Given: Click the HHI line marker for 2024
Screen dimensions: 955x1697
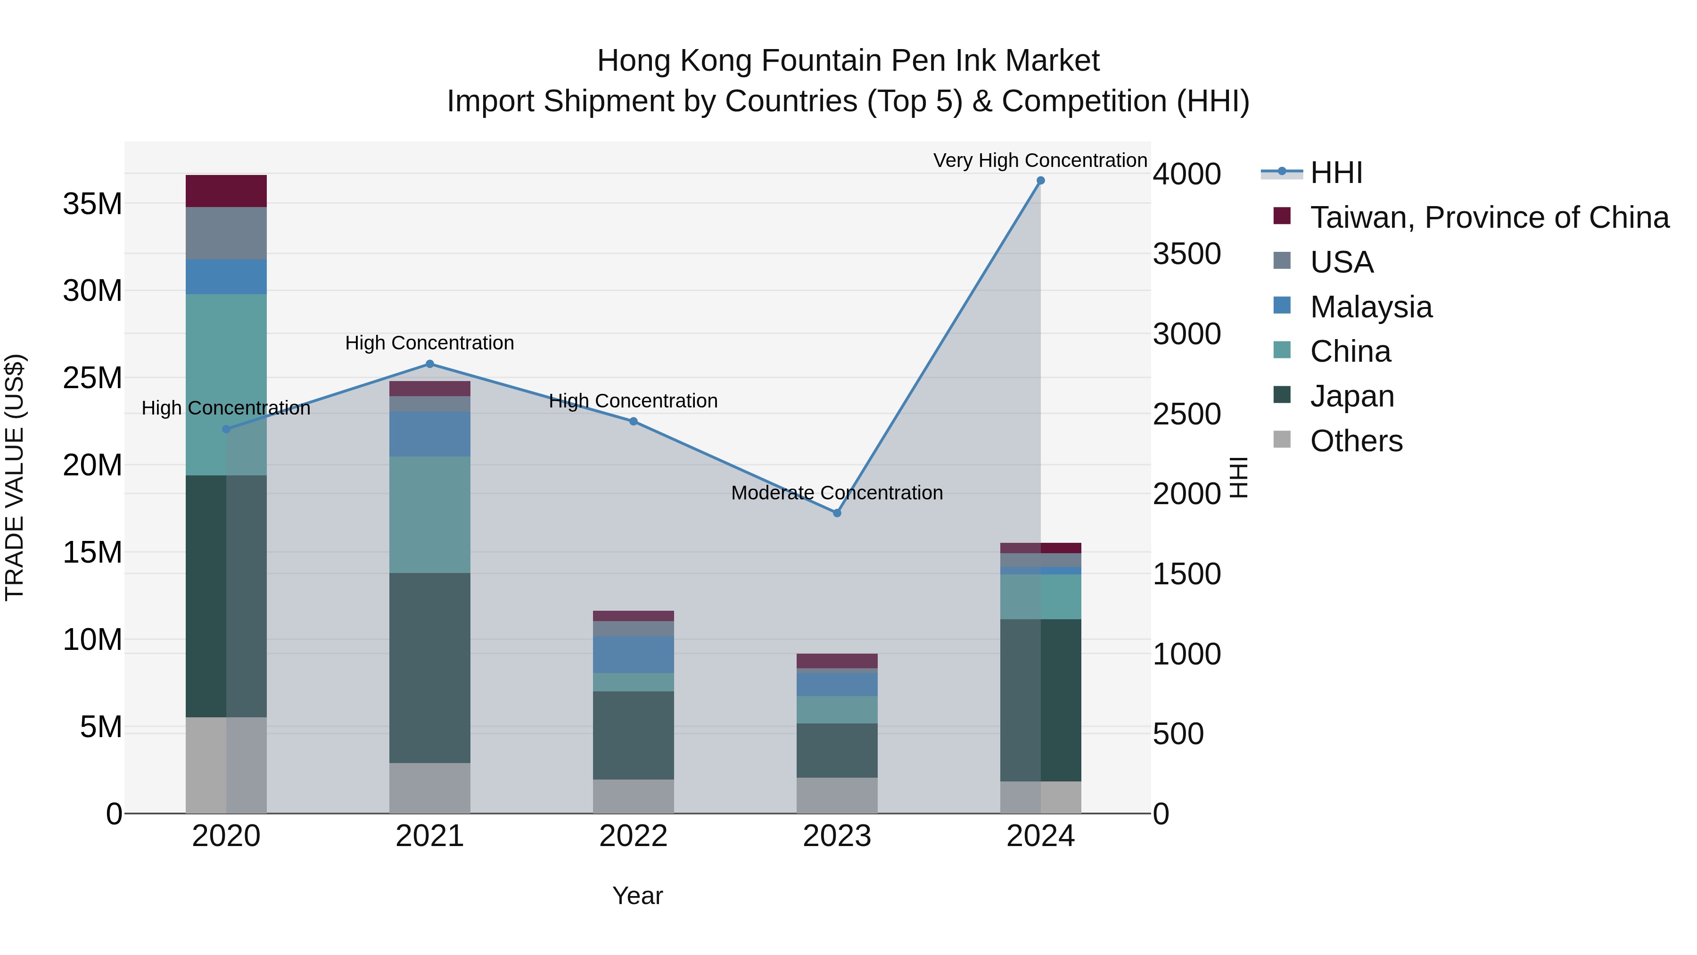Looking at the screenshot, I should [1040, 181].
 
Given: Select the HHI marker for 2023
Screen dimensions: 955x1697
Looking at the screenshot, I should [837, 513].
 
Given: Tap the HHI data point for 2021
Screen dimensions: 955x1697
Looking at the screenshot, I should [429, 364].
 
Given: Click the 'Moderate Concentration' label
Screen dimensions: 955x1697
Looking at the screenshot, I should [837, 493].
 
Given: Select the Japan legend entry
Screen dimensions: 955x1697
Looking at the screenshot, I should [1352, 396].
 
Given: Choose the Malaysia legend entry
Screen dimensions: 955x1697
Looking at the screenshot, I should [1371, 307].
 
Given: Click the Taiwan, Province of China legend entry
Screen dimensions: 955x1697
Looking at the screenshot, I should [1489, 217].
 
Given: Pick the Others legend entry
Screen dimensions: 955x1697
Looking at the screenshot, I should [1356, 441].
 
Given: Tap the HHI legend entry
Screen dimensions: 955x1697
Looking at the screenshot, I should [1336, 173].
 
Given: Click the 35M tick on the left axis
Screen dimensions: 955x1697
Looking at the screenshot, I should [92, 204].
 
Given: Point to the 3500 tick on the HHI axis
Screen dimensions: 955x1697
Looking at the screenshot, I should [1186, 254].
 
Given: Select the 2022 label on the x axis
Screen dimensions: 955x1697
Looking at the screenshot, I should [633, 836].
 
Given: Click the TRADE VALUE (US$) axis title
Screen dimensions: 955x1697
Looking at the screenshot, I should [15, 477].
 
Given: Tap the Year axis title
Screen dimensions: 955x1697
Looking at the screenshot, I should [637, 896].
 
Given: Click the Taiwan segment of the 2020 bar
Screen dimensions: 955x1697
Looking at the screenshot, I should [226, 191].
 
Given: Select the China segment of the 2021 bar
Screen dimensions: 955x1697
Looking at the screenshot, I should [429, 514].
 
